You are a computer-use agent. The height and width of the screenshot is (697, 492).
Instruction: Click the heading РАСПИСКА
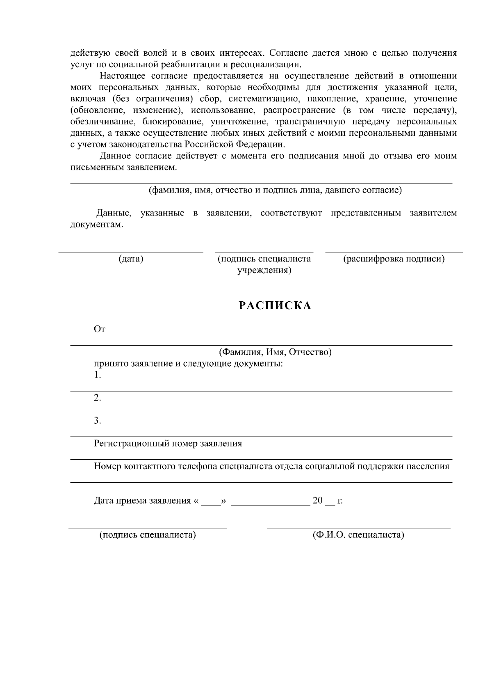[275, 306]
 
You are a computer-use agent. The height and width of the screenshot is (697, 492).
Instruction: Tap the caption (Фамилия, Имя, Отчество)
[275, 352]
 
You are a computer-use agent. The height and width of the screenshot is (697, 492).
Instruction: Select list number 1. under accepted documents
[97, 375]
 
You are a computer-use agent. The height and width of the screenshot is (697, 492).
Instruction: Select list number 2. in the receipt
[97, 398]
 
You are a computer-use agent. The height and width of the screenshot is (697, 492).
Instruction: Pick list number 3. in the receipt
[97, 421]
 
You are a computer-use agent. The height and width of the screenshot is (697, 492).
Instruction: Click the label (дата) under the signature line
[131, 259]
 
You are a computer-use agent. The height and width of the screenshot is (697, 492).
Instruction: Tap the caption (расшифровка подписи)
[394, 259]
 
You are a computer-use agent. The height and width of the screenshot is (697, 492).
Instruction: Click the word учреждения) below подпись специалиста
[264, 271]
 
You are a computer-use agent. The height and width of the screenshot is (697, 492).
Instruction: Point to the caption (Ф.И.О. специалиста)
[358, 535]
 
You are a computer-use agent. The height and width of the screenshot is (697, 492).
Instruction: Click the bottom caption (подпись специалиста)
[148, 535]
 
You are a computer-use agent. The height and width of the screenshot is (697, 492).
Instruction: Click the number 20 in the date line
[318, 501]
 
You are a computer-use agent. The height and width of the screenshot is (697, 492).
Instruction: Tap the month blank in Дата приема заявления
[271, 502]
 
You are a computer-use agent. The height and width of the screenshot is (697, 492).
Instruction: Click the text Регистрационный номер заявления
[168, 443]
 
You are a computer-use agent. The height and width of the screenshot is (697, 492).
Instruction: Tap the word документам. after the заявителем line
[96, 225]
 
